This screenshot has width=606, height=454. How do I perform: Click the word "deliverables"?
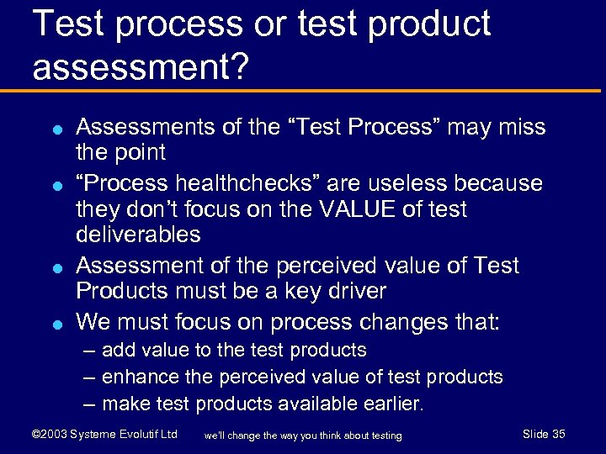[x=138, y=235]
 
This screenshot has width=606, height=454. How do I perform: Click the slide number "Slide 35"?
[x=544, y=434]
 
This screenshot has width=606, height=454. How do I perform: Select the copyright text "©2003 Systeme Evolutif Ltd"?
[x=104, y=434]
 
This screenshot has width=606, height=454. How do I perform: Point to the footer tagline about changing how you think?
[x=303, y=435]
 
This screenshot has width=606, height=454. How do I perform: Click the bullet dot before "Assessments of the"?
[x=54, y=129]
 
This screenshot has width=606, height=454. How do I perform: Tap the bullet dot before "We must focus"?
[x=54, y=323]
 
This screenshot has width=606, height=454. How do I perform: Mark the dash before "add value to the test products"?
[x=89, y=350]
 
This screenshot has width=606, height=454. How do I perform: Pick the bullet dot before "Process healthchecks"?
[x=54, y=183]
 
